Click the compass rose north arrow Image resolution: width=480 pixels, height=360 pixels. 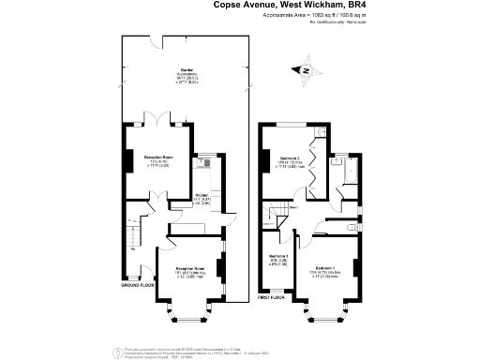(305, 68)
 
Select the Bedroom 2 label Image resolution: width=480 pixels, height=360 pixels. (290, 160)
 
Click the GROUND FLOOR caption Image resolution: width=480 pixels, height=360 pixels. (138, 284)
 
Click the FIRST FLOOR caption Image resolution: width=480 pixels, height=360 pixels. (272, 298)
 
